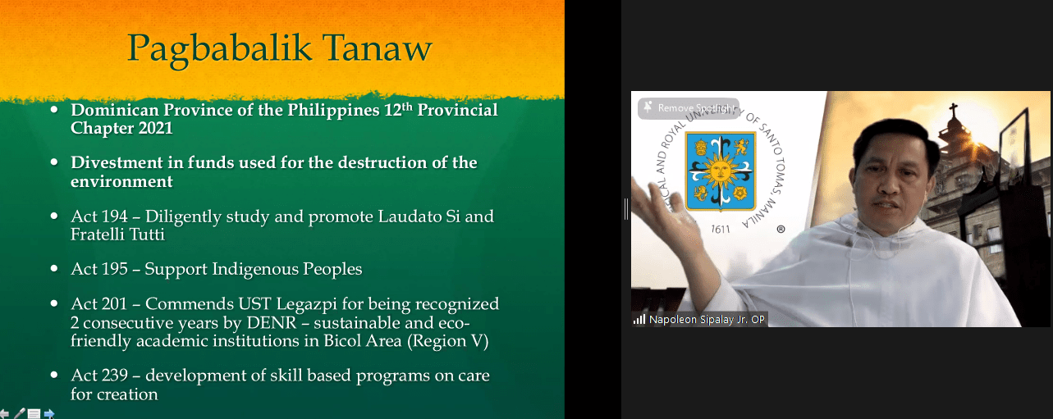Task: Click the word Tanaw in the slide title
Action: [377, 48]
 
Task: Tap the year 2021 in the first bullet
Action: [155, 128]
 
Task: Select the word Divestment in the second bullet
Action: [117, 162]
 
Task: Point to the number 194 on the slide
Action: [113, 216]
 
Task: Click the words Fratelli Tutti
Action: [117, 234]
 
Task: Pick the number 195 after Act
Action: [113, 269]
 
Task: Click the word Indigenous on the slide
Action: [254, 270]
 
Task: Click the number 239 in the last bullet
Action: [113, 375]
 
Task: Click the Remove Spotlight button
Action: [689, 108]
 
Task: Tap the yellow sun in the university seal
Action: [720, 171]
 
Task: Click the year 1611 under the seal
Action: [720, 230]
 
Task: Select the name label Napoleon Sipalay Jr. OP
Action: [707, 320]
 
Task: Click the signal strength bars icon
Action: [639, 320]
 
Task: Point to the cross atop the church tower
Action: [954, 111]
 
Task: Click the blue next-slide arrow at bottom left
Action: [49, 414]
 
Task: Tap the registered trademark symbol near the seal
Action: [781, 230]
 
